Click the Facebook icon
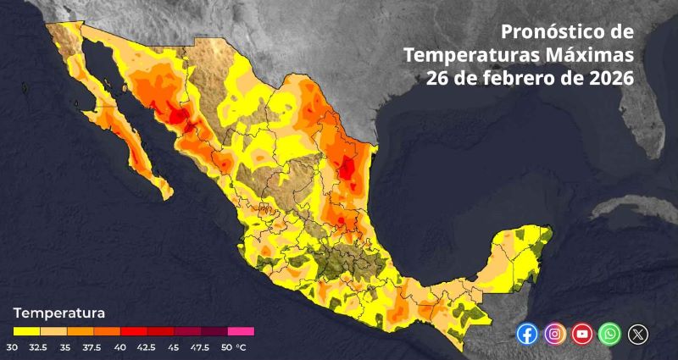click(x=527, y=334)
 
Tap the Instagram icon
click(x=554, y=334)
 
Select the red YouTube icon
click(x=582, y=334)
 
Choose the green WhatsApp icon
click(x=609, y=334)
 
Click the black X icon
click(x=637, y=334)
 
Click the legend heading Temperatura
click(x=58, y=313)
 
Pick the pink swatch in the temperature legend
click(x=241, y=331)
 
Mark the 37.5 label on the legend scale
click(x=93, y=346)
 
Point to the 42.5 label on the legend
click(x=147, y=346)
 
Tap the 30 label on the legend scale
click(x=13, y=346)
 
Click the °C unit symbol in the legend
click(x=241, y=346)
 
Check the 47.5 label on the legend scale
click(x=200, y=346)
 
